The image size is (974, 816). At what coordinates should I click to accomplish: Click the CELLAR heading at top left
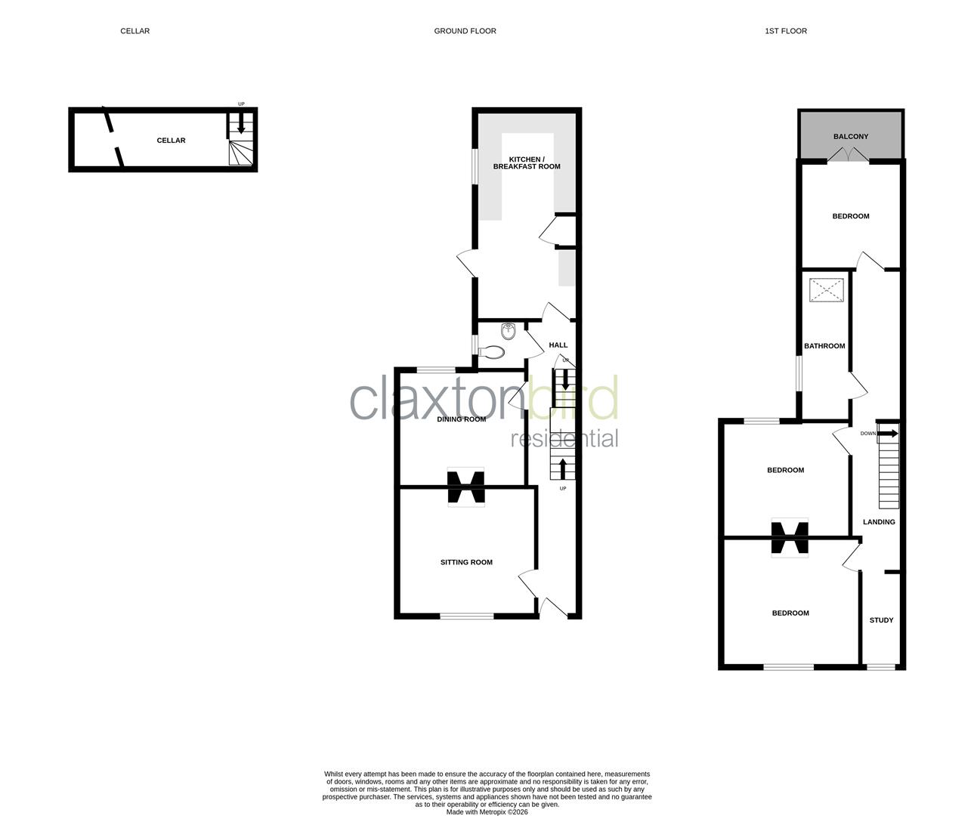(135, 31)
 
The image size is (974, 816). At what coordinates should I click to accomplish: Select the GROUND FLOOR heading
(465, 31)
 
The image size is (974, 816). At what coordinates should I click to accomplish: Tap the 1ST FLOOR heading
(785, 31)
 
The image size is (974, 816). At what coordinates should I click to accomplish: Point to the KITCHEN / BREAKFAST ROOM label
(526, 162)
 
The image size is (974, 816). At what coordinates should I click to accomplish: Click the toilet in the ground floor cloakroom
(493, 352)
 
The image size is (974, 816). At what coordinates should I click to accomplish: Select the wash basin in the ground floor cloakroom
(509, 330)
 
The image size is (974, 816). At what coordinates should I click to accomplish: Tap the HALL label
(558, 345)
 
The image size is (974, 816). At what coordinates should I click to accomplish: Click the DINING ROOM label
(461, 419)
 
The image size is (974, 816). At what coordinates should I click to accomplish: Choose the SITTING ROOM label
(466, 562)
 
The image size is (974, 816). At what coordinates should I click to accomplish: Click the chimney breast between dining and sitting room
(465, 487)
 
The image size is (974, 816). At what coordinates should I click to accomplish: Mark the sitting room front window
(466, 617)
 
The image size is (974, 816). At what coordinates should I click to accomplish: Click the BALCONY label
(850, 137)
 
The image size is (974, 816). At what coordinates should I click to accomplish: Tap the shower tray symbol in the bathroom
(826, 290)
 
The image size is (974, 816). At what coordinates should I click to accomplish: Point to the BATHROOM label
(824, 346)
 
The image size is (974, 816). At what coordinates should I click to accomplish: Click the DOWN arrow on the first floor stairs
(887, 434)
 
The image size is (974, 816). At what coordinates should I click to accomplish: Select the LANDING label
(879, 522)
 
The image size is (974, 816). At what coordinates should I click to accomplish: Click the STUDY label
(881, 620)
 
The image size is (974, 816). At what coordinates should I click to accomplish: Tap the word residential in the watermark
(564, 438)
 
